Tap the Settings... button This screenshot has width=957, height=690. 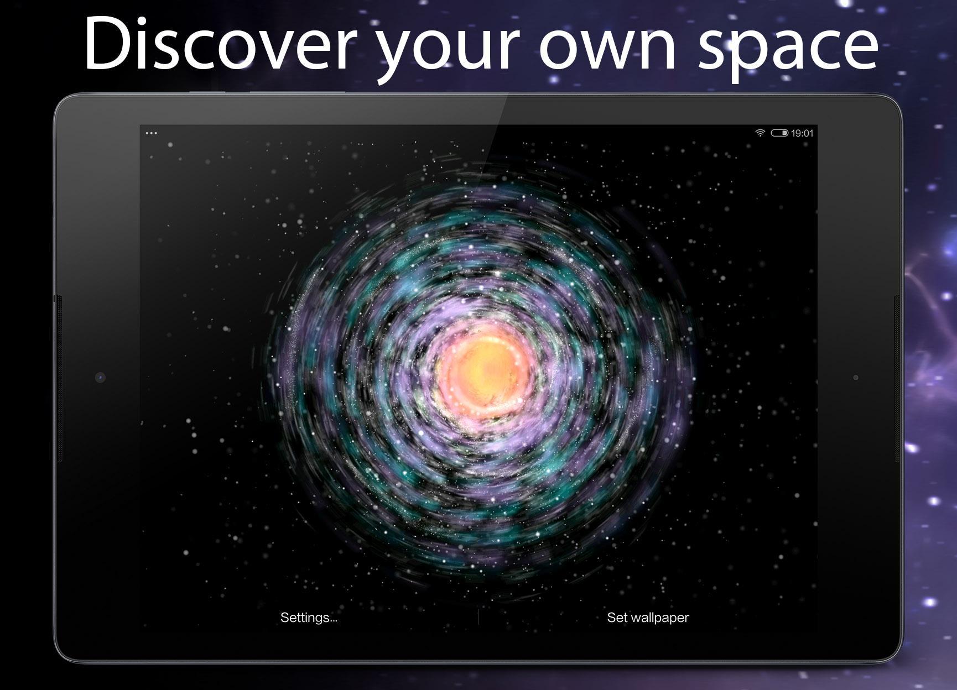coord(309,618)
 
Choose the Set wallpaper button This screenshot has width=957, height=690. coord(648,618)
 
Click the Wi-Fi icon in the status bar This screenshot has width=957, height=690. coord(761,133)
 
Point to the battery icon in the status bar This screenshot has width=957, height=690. coord(779,133)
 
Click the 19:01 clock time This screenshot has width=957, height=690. coord(802,133)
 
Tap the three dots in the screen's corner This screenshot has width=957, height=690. coord(151,133)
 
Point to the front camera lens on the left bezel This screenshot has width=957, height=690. coord(100,378)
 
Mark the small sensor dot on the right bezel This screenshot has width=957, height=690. coord(856,378)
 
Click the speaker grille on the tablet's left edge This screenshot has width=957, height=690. coord(59,379)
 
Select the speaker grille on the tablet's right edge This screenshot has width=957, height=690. coord(897,379)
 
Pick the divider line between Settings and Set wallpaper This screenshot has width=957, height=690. coord(478,618)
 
